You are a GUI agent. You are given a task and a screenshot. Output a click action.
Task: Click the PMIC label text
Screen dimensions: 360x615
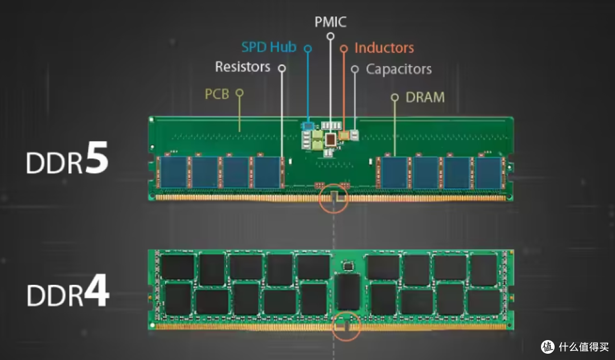click(x=330, y=22)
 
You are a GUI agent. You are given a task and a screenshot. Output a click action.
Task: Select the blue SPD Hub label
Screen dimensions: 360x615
click(x=269, y=47)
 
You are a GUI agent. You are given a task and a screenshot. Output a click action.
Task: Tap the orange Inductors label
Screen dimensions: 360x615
click(x=384, y=48)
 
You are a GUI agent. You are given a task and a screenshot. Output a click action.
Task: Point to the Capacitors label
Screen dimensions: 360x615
click(x=399, y=69)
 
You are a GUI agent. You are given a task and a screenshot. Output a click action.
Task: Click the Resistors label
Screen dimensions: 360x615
click(x=243, y=67)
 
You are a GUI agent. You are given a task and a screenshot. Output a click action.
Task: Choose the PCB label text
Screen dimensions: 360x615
click(x=217, y=93)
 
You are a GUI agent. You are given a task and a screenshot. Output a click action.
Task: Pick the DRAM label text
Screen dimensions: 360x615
click(x=425, y=97)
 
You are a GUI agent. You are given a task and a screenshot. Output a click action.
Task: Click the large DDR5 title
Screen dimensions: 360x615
click(x=67, y=162)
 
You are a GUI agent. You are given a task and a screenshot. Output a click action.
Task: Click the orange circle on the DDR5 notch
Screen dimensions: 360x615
click(x=334, y=199)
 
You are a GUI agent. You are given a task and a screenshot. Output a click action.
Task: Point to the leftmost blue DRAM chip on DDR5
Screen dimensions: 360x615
click(x=173, y=173)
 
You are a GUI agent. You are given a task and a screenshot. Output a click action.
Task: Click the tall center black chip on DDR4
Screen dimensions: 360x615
click(x=347, y=292)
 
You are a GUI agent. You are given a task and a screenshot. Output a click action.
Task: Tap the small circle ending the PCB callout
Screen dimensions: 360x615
click(x=240, y=92)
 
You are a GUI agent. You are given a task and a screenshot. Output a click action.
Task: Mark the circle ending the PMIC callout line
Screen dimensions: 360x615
click(x=330, y=36)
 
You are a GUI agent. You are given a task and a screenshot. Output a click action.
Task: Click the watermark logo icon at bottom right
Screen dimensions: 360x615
click(x=547, y=346)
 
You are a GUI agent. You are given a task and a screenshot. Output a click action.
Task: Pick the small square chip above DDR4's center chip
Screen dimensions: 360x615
click(x=347, y=265)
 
